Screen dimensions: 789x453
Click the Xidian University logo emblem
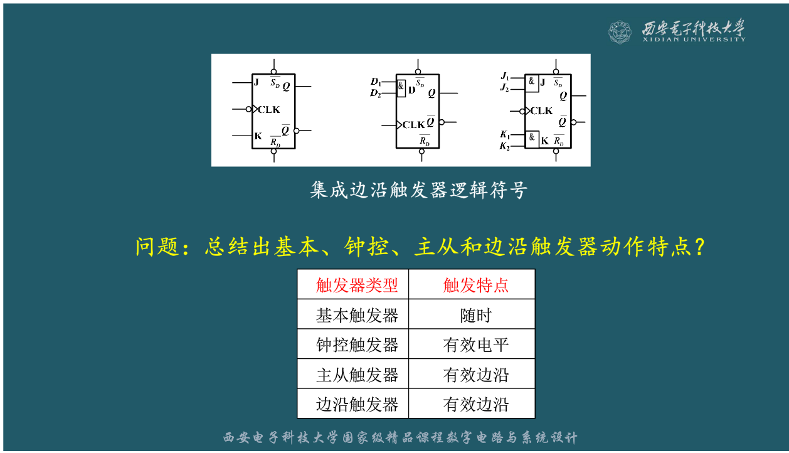click(620, 31)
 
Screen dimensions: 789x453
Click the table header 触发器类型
click(356, 285)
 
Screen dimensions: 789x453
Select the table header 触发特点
click(475, 285)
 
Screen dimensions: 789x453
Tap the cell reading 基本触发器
click(356, 315)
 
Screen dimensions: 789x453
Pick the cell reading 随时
click(475, 315)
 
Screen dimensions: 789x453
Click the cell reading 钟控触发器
click(356, 345)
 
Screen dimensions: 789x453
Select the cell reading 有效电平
click(475, 345)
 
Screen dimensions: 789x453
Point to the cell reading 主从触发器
click(356, 375)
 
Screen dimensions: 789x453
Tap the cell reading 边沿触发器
click(356, 405)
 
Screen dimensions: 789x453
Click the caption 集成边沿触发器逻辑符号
click(418, 190)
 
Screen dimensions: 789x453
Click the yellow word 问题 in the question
click(156, 247)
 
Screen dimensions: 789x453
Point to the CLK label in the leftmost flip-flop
click(269, 109)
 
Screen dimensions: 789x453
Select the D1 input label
click(376, 82)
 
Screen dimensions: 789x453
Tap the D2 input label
click(376, 93)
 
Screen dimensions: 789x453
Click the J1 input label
click(505, 76)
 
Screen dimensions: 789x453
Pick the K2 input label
click(505, 146)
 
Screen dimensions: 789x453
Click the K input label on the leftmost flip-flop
click(258, 136)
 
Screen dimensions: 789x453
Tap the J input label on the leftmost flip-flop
click(257, 82)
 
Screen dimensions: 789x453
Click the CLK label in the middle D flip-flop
click(413, 125)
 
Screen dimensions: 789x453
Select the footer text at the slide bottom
click(400, 438)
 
